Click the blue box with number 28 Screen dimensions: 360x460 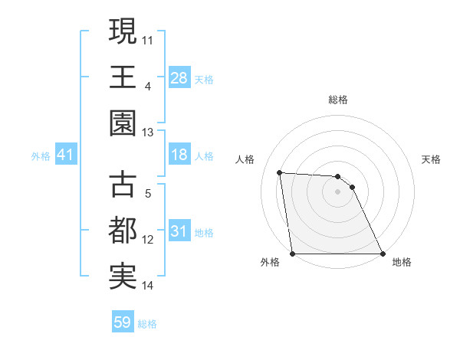(x=179, y=77)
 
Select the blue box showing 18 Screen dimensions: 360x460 (x=179, y=155)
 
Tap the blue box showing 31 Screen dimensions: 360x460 (x=179, y=231)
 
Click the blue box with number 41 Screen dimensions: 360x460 (x=66, y=155)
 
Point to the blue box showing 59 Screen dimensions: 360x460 (x=123, y=322)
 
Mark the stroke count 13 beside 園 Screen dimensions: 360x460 (x=149, y=133)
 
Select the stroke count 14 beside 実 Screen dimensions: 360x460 (x=149, y=286)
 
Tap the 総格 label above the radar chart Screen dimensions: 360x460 (x=337, y=100)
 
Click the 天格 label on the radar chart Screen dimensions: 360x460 (x=431, y=159)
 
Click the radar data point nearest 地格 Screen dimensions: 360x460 (x=383, y=254)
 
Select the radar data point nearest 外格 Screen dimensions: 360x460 (x=292, y=254)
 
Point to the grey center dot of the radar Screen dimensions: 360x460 (x=337, y=191)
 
